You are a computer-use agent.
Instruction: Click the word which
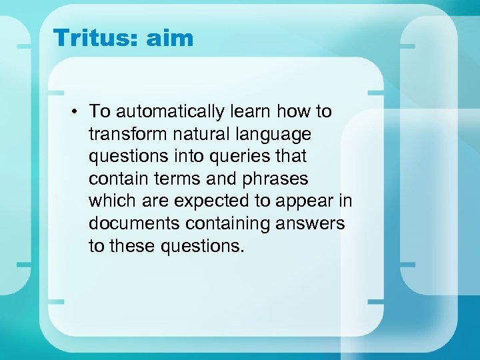(x=109, y=201)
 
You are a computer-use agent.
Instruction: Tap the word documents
(x=133, y=223)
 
